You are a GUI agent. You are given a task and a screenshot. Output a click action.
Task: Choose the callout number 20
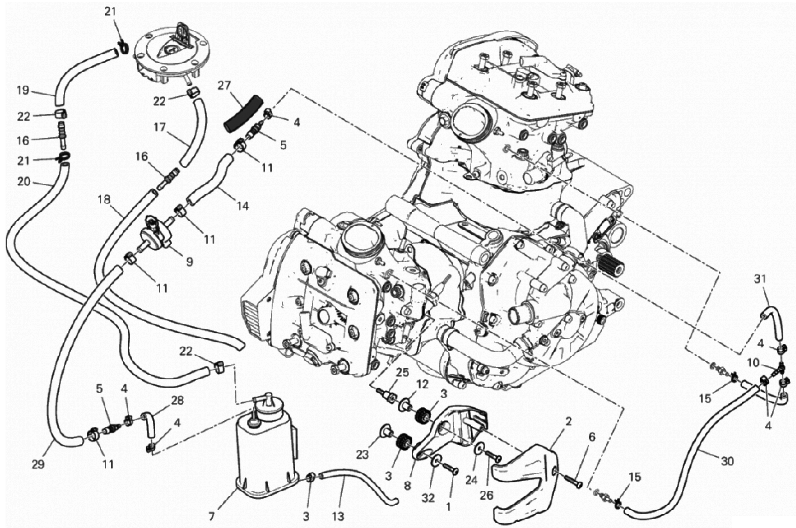pos(24,182)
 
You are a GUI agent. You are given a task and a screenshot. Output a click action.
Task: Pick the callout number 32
pos(428,498)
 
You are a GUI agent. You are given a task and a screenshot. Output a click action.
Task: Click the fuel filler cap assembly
pos(172,57)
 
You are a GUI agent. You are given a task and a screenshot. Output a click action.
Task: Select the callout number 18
pos(104,200)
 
